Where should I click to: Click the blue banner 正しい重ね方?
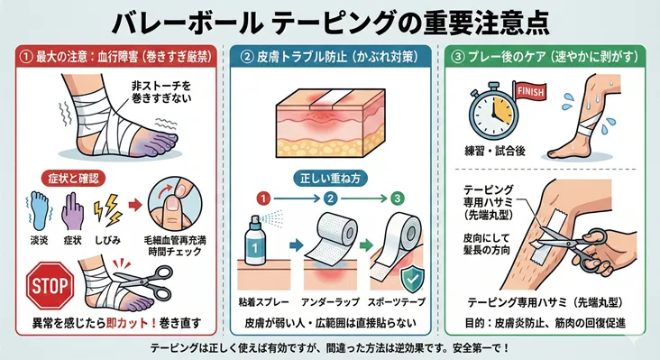pyautogui.click(x=330, y=177)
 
